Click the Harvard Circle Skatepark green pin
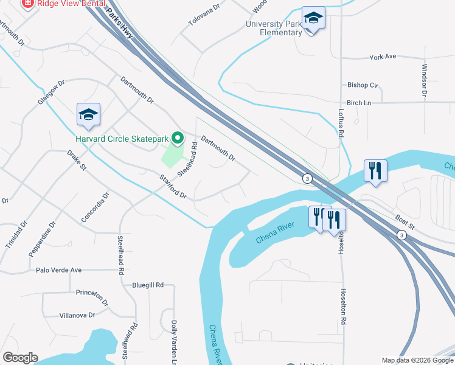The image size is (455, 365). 178,139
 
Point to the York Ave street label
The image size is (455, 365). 383,57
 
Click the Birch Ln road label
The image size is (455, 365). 358,103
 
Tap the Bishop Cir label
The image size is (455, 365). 363,85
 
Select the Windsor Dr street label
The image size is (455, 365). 424,81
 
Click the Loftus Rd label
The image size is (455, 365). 341,122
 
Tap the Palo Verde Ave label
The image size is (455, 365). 58,270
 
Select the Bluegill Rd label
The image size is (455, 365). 148,285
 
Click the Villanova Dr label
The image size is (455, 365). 77,315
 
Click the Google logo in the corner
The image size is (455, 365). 20,358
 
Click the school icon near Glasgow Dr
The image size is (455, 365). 88,114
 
